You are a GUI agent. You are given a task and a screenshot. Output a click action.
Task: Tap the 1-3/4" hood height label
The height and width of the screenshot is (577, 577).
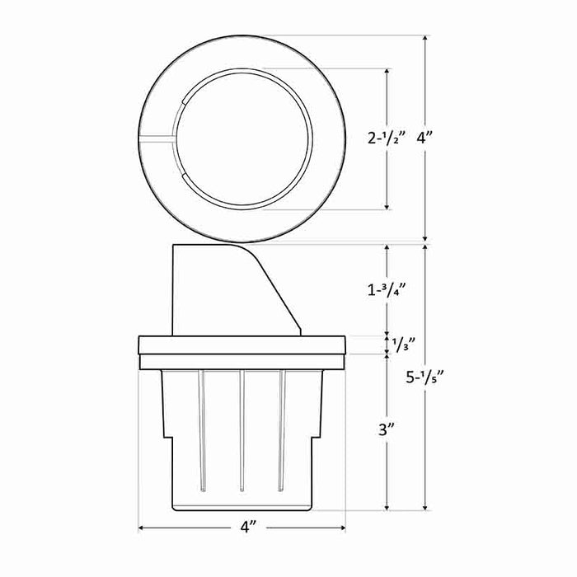(x=387, y=288)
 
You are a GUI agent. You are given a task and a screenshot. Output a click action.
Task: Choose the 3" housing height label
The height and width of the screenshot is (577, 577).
(x=387, y=429)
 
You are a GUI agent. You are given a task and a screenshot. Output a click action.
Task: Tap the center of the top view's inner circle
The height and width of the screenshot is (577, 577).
(x=246, y=138)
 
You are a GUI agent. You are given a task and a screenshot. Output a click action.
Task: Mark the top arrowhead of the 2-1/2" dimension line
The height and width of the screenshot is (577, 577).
(x=387, y=72)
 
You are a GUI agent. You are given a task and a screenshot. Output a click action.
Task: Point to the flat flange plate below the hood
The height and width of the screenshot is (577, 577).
(x=241, y=345)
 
